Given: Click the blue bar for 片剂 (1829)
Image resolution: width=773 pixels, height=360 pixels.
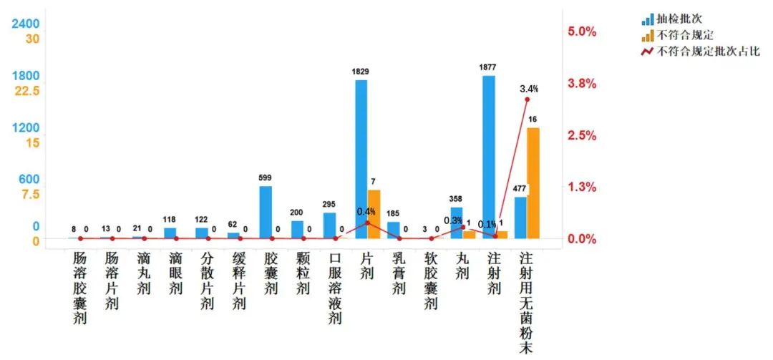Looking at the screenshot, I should coord(361,159).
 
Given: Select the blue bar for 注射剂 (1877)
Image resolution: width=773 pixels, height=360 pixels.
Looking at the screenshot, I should coord(489,157).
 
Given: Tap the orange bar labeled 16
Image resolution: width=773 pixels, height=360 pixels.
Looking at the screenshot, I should coord(533,183).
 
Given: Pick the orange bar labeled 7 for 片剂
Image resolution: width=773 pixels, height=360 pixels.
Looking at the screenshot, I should coord(374,214).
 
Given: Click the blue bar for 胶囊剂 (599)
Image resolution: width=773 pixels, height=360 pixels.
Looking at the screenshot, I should coord(266,212).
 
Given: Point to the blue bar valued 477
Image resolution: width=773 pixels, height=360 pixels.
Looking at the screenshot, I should coord(520,218).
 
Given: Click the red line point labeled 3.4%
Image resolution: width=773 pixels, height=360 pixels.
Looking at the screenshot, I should coord(527,99).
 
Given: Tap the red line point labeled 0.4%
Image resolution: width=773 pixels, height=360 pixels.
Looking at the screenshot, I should coord(368,223).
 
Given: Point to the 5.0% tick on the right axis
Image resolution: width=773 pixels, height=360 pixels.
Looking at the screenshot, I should coord(582,31).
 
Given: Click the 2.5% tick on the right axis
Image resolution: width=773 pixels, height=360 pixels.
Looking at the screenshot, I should coord(582,135).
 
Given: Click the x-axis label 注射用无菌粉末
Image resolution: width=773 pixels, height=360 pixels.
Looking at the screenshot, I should coord(526,301).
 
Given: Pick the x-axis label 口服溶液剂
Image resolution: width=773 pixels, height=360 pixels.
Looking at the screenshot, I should coord(335,286).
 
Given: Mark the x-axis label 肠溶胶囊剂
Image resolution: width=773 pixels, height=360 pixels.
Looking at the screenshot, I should coord(80,286).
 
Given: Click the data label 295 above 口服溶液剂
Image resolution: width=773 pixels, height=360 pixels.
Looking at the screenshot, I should coord(329,205).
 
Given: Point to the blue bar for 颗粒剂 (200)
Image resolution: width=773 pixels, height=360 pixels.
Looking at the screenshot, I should coord(298,229).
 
